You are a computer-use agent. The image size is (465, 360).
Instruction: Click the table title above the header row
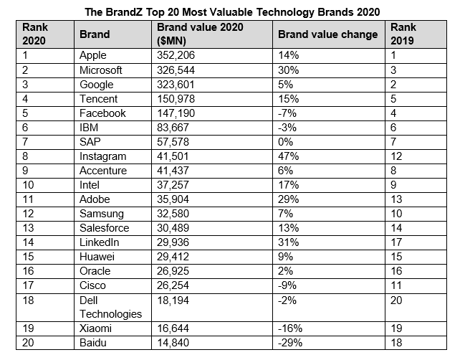point(232,11)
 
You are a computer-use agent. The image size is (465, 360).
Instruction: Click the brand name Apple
point(94,55)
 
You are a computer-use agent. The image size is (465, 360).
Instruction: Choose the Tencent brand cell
point(99,98)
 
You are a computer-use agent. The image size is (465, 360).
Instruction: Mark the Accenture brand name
point(103,171)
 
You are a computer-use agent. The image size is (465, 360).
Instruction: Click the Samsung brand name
point(102,214)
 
